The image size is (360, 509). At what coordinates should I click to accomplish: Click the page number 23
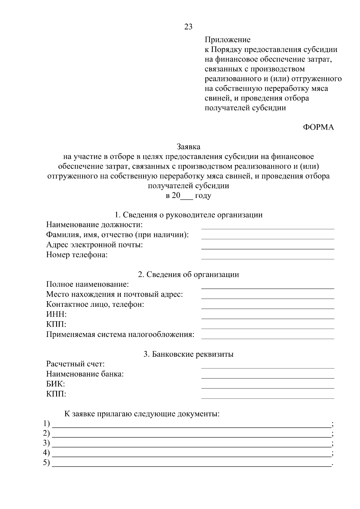tap(188, 27)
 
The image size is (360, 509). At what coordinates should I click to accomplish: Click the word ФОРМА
tap(318, 127)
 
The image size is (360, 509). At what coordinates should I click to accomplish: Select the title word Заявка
tap(188, 147)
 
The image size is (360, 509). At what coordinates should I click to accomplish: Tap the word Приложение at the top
tap(227, 40)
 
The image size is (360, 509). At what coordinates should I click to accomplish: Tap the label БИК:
tap(55, 384)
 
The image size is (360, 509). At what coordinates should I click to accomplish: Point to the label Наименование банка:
tap(85, 374)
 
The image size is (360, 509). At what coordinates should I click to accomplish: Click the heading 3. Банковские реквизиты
tap(188, 354)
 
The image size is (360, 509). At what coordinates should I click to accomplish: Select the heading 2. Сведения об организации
tap(188, 274)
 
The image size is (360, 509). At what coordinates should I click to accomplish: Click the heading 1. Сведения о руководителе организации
tap(188, 215)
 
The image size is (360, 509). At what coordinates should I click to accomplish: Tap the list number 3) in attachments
tap(46, 443)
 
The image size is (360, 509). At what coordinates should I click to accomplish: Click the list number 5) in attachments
tap(46, 463)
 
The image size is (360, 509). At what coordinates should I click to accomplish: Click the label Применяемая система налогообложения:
tap(120, 334)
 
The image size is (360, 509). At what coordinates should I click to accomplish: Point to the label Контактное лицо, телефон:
tap(95, 304)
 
